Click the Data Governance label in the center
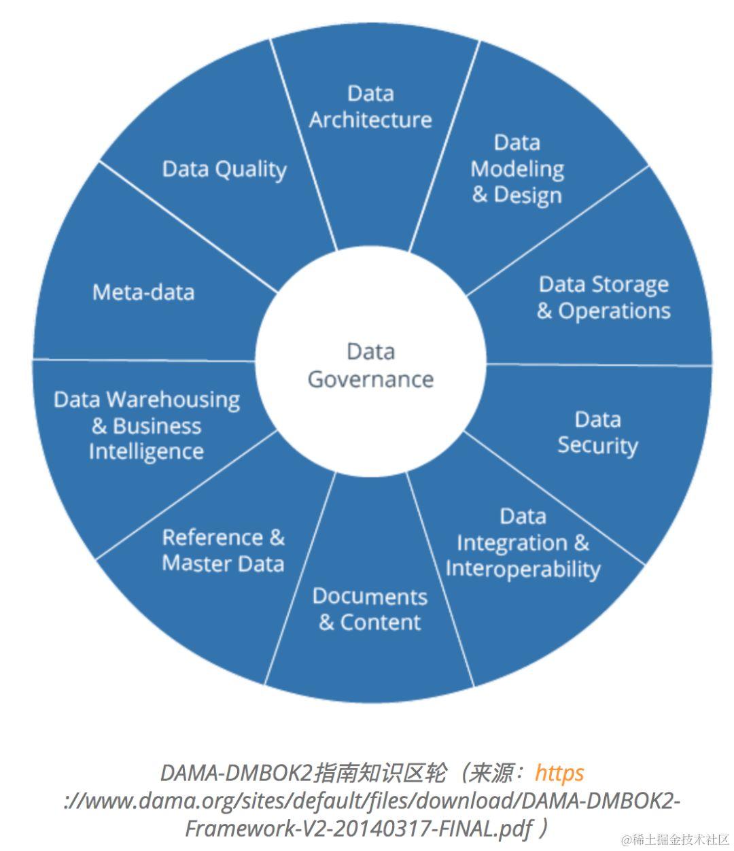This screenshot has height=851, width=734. point(370,365)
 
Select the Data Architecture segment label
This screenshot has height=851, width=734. point(370,107)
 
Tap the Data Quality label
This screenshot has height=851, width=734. point(224,169)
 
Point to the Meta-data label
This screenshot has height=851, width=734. point(143,292)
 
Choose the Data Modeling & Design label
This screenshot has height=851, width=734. point(517,169)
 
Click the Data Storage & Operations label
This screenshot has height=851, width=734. point(604,297)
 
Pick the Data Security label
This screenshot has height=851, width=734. point(597,432)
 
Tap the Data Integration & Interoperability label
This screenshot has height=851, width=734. point(523,542)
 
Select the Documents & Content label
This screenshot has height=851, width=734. point(370,609)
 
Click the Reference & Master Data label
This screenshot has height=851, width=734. point(223,550)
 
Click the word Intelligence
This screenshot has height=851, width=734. point(146,452)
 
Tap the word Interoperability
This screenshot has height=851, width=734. point(523,569)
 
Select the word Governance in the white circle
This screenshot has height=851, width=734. point(370,379)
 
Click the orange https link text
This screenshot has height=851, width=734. point(559,773)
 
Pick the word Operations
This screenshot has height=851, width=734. point(614,311)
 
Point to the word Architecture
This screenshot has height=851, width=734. point(370,120)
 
